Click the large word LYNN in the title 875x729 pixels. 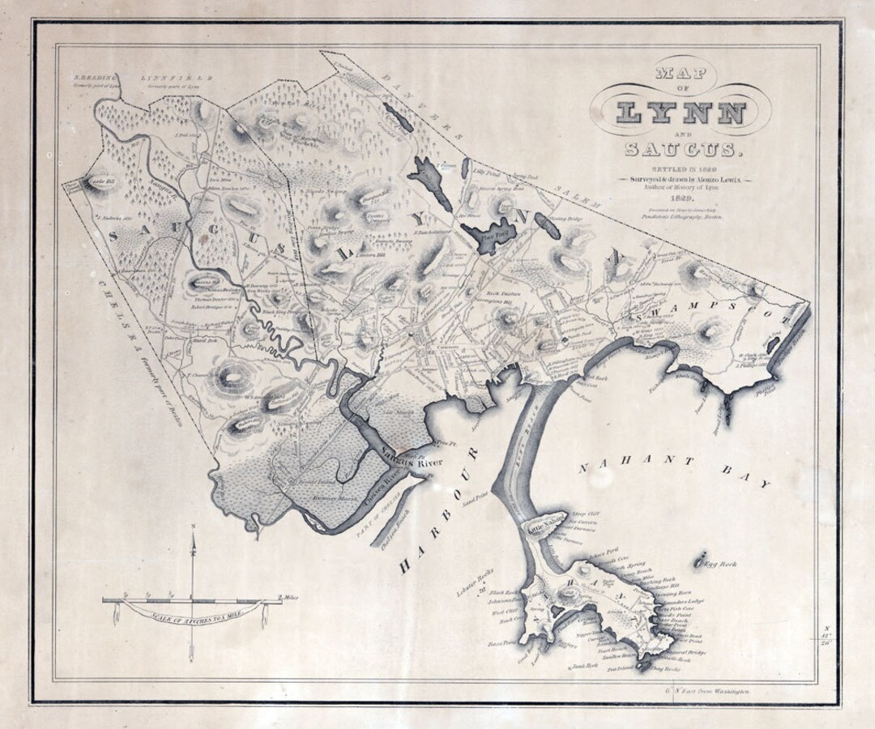tap(680, 112)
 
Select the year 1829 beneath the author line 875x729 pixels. tap(679, 198)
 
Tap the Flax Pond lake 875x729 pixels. tap(491, 237)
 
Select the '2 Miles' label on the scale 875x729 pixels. tap(287, 598)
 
